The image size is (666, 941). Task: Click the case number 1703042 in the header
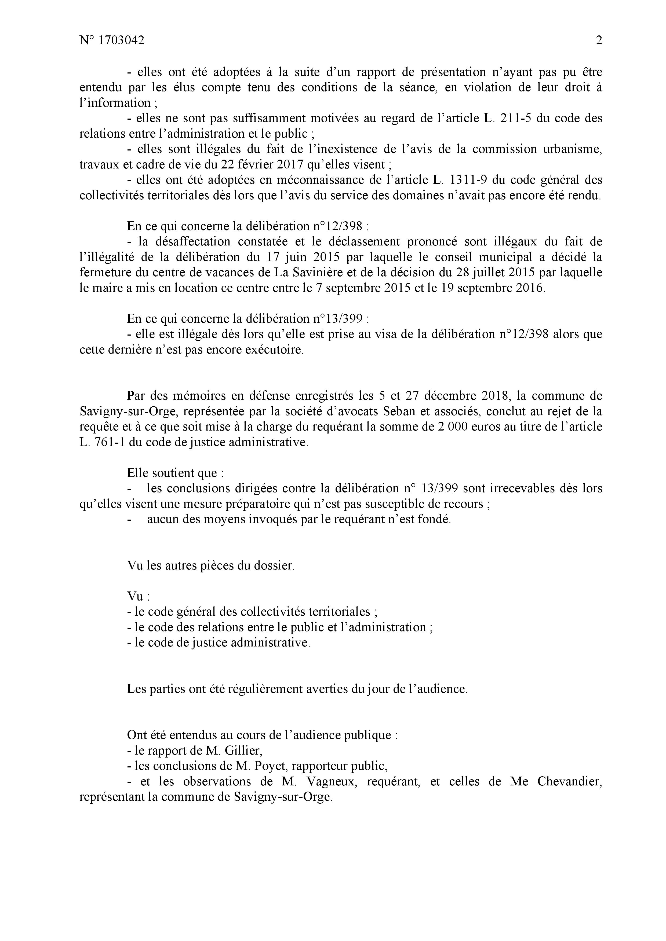(122, 41)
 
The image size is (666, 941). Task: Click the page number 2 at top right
(599, 41)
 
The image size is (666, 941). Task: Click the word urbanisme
(566, 149)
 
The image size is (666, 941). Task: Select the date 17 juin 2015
(280, 257)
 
